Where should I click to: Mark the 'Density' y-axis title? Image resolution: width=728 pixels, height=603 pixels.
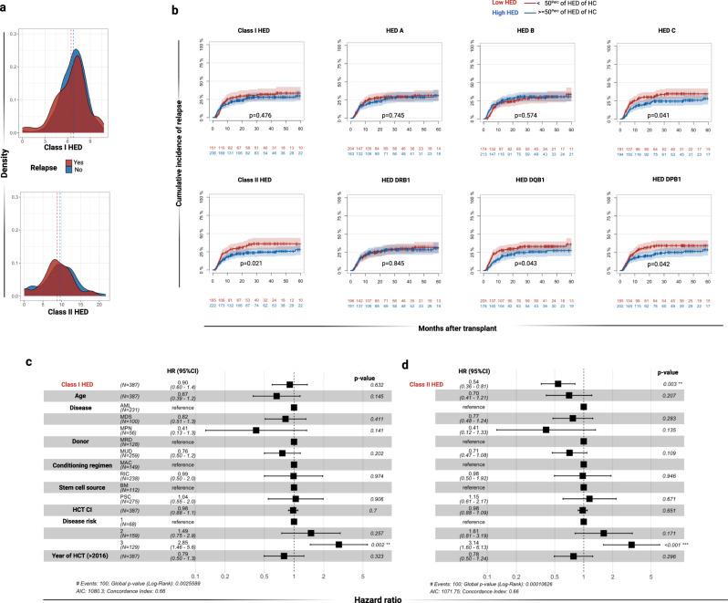point(6,170)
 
